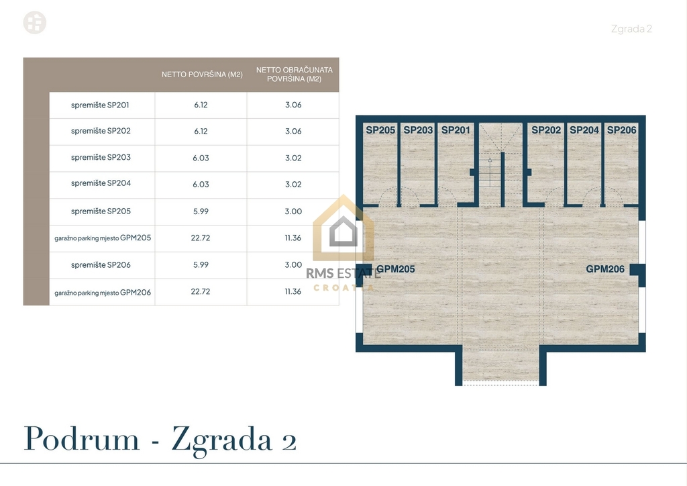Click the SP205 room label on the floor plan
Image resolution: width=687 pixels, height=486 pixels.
[x=380, y=130]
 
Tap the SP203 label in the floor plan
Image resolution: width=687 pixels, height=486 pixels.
[x=418, y=130]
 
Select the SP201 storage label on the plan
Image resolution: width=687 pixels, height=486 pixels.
[x=456, y=130]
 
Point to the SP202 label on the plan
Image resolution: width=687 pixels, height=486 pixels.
[x=546, y=130]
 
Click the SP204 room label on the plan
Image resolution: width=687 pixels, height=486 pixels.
[x=584, y=130]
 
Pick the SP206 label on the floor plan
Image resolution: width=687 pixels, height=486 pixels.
[x=622, y=130]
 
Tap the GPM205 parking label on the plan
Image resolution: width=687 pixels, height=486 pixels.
[x=396, y=269]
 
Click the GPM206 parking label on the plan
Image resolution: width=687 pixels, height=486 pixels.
[x=605, y=269]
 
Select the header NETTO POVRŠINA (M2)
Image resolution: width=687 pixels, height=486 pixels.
[x=202, y=75]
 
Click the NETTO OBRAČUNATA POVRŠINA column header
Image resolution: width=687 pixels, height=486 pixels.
[x=295, y=75]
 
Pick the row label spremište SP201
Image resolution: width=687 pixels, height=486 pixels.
[x=100, y=105]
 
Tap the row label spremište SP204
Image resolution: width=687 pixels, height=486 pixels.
[x=101, y=183]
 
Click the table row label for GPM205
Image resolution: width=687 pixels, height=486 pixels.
[x=103, y=238]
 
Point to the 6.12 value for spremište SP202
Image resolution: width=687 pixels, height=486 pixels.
[x=201, y=132]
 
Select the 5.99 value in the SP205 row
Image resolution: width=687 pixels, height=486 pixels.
[x=201, y=211]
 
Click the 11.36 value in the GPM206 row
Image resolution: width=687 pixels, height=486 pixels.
[x=293, y=291]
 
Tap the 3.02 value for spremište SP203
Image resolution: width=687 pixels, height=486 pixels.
[x=293, y=158]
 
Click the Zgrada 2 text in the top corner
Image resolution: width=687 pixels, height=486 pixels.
[x=631, y=29]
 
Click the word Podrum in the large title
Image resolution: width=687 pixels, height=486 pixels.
[x=81, y=438]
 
